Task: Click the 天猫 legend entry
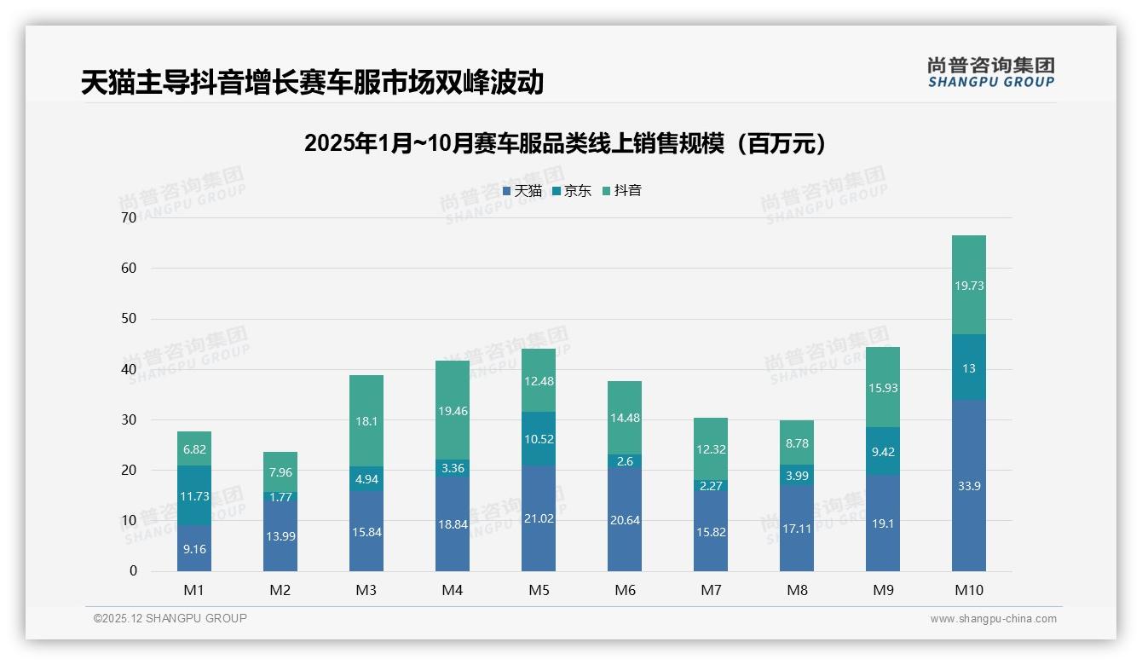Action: [x=522, y=191]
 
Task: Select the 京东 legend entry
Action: [x=572, y=191]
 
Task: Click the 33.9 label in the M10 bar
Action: [x=969, y=486]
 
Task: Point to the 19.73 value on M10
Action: [x=969, y=286]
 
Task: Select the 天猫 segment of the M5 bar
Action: [x=539, y=518]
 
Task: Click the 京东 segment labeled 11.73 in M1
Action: [x=194, y=496]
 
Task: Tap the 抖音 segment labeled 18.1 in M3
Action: [x=366, y=421]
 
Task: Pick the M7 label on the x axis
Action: [x=711, y=590]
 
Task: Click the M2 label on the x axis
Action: [x=280, y=590]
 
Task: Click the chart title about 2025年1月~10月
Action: [x=565, y=143]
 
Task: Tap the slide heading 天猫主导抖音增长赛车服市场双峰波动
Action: [x=312, y=83]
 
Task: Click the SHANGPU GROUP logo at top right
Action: [x=990, y=72]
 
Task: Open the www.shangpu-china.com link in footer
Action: [x=993, y=619]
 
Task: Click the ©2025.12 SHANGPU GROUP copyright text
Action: [x=170, y=619]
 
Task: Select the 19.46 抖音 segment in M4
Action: [x=453, y=411]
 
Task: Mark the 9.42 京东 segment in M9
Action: [x=883, y=452]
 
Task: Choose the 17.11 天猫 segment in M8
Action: [x=797, y=529]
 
